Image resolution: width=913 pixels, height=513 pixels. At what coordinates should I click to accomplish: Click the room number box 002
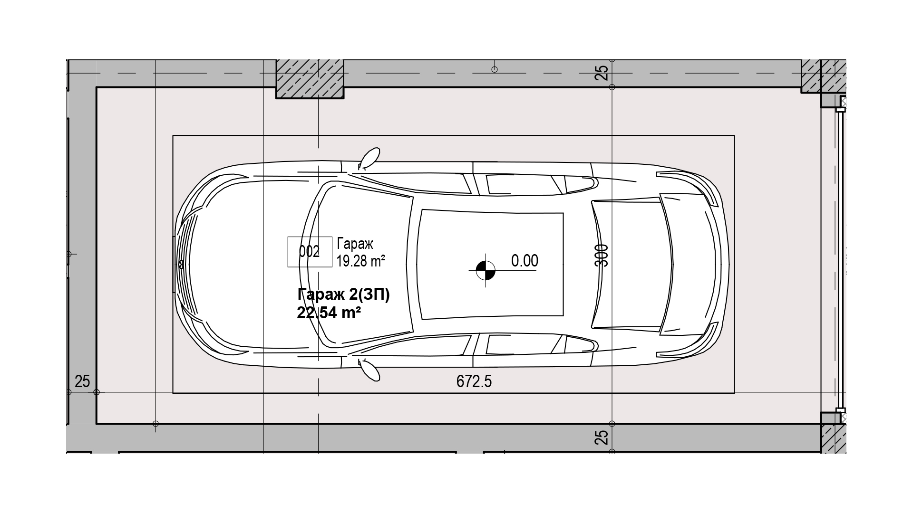coord(310,252)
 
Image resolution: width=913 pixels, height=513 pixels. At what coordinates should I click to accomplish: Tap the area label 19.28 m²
coord(360,261)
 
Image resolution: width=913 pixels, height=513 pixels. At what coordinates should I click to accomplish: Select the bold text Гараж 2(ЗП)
coord(344,295)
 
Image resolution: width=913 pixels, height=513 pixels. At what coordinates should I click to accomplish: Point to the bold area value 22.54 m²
coord(329,313)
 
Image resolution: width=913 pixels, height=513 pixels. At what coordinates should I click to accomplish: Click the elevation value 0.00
coord(524,261)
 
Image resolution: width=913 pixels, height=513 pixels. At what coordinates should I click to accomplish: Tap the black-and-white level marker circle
coord(485,270)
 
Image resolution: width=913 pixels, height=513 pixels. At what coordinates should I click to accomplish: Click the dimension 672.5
coord(474,381)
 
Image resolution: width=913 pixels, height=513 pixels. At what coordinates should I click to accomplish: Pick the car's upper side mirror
coord(369,158)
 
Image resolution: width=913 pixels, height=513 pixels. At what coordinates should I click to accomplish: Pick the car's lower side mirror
coord(369,370)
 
